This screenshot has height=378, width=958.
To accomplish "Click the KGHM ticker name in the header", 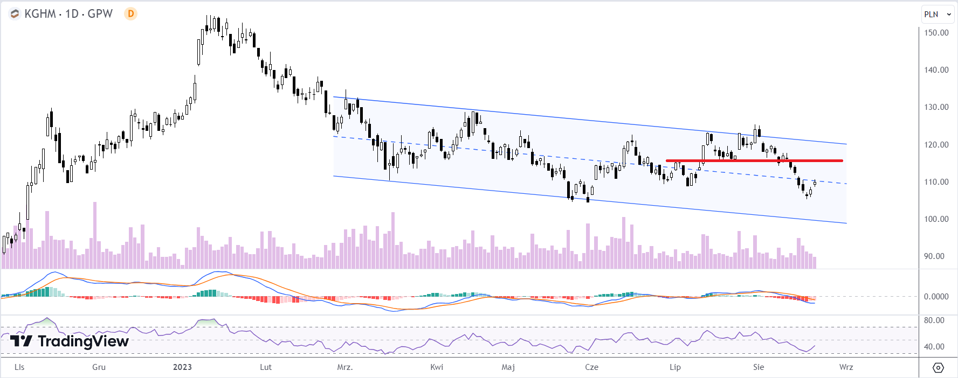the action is (x=40, y=14).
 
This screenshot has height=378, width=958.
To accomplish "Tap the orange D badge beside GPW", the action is (x=130, y=14).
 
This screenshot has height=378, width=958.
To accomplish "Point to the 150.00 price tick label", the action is (x=936, y=33).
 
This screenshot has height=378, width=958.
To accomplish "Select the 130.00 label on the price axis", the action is (x=936, y=107).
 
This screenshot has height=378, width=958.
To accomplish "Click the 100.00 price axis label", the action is (x=936, y=219).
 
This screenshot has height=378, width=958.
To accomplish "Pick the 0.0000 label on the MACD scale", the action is (x=936, y=297).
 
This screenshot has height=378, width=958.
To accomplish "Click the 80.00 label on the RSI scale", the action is (x=934, y=320).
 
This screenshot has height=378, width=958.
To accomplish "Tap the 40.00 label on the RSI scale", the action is (x=934, y=347).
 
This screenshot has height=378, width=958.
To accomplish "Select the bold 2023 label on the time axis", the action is (x=182, y=367).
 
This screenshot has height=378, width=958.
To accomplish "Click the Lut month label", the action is (x=266, y=367).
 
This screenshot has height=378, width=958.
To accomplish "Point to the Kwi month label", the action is (x=437, y=367).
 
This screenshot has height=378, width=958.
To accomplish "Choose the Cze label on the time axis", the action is (x=591, y=367).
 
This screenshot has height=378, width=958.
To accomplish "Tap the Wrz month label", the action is (x=846, y=367).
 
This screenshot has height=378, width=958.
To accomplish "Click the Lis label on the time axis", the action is (x=19, y=367).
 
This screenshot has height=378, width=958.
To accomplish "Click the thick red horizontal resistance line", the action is (x=754, y=160).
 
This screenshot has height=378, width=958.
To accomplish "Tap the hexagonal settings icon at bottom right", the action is (x=938, y=368).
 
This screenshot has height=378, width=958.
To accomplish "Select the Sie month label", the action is (x=759, y=367).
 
